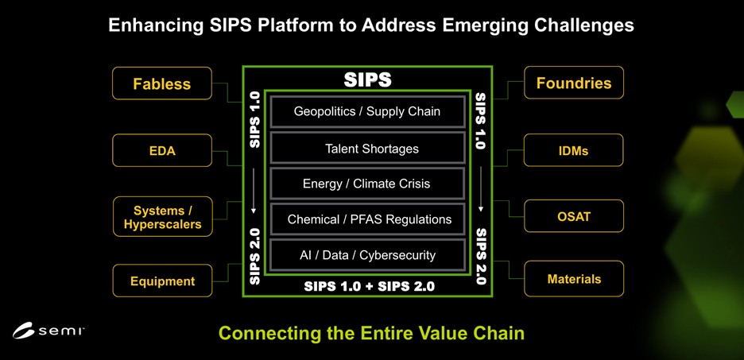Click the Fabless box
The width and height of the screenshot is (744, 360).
[162, 83]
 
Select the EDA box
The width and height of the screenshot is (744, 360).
[162, 150]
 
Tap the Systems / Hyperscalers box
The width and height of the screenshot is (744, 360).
[162, 216]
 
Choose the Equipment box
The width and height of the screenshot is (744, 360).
[162, 281]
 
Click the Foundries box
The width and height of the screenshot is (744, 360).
[574, 83]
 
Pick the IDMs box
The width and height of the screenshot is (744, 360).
[574, 150]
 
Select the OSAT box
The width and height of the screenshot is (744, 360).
[574, 216]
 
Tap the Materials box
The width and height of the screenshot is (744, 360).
[574, 279]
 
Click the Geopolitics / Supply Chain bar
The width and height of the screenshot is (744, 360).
[367, 111]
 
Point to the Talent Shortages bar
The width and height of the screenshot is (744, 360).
[367, 149]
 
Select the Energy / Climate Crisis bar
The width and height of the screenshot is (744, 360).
[367, 184]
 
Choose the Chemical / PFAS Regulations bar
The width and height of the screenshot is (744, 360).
[367, 219]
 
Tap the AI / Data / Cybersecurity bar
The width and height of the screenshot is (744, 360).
[367, 255]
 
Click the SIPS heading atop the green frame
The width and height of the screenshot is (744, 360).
[367, 80]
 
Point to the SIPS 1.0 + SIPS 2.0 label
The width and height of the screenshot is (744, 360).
[369, 286]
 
